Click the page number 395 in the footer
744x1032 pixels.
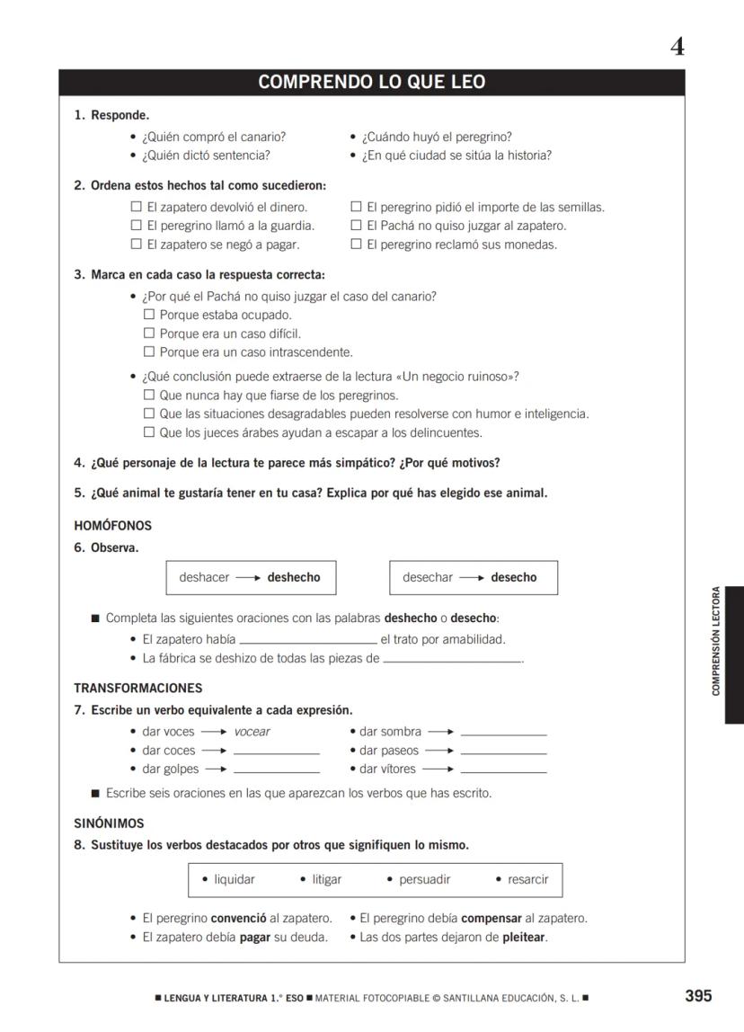[x=697, y=995]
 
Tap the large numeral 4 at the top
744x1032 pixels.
[x=677, y=46]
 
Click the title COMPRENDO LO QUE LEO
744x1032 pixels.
[x=371, y=83]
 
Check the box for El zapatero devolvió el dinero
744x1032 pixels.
[x=137, y=207]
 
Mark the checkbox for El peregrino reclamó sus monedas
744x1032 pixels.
[x=356, y=244]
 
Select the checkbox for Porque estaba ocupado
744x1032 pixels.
[x=149, y=315]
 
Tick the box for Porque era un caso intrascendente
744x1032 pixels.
[x=149, y=351]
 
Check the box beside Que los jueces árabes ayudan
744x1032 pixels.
[x=149, y=432]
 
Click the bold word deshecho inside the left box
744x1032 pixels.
[x=293, y=577]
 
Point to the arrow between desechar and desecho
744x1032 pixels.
[x=472, y=577]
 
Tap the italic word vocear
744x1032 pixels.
[x=252, y=732]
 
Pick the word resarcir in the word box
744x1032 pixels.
[x=527, y=879]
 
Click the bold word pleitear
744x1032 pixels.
[x=523, y=937]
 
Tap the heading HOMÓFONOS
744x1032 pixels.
[x=112, y=526]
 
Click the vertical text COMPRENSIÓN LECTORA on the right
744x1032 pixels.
[x=716, y=641]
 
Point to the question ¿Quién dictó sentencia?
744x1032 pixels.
[x=206, y=156]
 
